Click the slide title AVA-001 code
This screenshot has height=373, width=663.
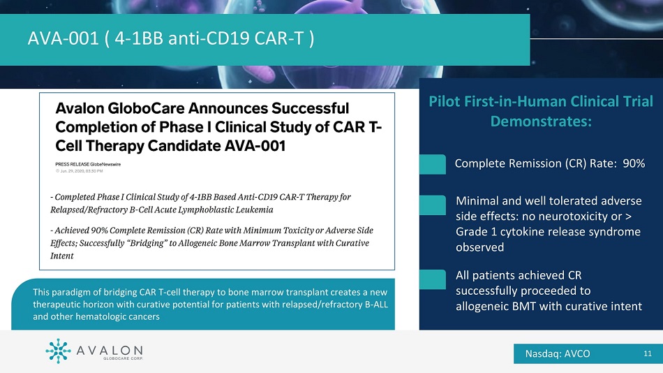(63, 38)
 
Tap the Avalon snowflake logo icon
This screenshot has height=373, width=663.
(58, 351)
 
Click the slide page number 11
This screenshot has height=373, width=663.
(648, 353)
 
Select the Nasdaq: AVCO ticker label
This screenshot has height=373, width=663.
(558, 353)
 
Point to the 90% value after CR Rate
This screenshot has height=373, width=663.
(634, 163)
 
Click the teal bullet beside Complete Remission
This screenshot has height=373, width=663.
(433, 164)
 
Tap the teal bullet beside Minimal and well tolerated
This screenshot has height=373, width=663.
(433, 205)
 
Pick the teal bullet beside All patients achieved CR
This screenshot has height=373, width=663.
(433, 279)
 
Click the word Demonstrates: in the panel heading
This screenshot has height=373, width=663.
(541, 122)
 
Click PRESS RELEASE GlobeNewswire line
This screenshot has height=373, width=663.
(88, 164)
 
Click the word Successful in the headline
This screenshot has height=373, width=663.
(310, 108)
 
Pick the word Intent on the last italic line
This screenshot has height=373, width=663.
(61, 256)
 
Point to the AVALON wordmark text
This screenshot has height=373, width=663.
(110, 351)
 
